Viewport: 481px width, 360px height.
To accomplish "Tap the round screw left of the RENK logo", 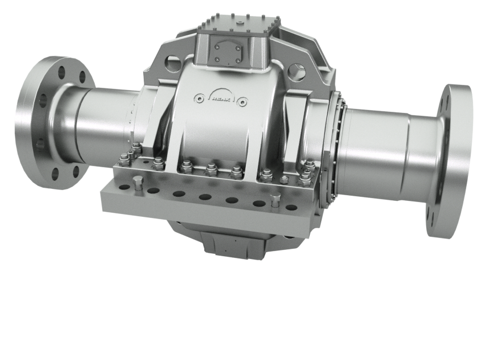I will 197,96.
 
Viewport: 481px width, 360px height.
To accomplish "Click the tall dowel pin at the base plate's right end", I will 274,200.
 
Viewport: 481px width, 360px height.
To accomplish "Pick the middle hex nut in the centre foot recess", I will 211,169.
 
